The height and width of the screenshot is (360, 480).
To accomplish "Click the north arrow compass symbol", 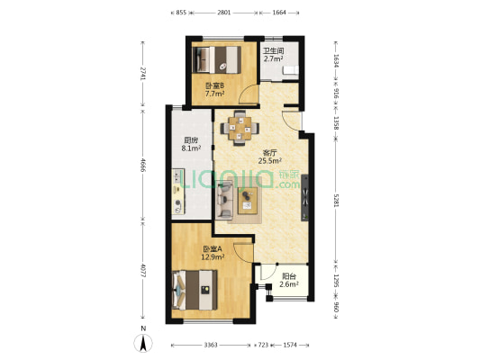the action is point(143,343).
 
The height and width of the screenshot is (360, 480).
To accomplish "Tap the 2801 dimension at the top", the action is point(223,13).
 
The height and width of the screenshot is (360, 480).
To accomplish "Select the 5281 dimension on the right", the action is point(336,201).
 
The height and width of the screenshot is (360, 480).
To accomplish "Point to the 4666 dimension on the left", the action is point(142,164).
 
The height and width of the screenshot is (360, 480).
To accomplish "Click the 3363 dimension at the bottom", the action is point(211,345).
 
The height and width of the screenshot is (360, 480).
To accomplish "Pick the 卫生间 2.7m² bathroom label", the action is point(274,55).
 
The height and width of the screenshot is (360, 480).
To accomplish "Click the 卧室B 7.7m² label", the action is point(214,90).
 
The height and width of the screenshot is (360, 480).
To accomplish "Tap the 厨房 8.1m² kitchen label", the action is point(191,144).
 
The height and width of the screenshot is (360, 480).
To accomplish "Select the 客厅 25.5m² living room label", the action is point(270,157).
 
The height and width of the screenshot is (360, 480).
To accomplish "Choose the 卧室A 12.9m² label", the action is point(213,253).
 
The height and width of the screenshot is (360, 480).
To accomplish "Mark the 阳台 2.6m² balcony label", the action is point(289,281).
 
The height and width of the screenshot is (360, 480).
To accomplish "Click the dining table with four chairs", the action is point(240,128).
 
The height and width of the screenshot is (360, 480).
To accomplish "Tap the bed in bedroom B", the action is point(217,59).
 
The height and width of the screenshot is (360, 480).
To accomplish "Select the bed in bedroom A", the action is point(195,290).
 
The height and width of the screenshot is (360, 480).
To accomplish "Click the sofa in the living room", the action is point(224,200).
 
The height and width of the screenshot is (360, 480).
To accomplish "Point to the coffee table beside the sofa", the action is point(248,201).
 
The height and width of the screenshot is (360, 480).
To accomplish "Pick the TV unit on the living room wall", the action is point(305,197).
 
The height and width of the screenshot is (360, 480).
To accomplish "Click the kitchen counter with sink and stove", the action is point(177,192).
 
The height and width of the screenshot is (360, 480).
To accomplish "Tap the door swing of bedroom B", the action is point(249,94).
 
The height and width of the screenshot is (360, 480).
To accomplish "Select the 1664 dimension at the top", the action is point(279,13).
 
